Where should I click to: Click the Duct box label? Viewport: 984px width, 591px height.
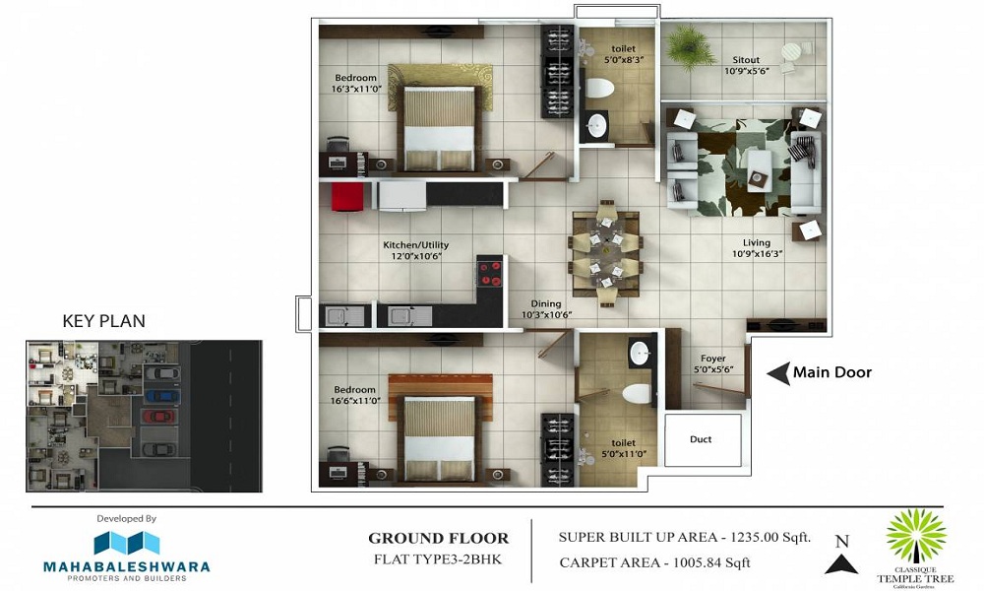[x=701, y=439]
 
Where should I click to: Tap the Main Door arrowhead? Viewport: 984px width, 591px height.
[x=777, y=372]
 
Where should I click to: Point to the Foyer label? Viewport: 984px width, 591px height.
[x=713, y=359]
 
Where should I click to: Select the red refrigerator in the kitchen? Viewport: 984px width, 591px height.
[x=346, y=196]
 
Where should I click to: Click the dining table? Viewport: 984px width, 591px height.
[x=605, y=255]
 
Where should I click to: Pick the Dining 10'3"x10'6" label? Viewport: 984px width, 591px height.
[x=546, y=309]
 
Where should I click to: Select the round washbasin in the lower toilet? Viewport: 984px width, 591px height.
[x=642, y=352]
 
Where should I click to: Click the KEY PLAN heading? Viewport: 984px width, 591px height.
[x=103, y=321]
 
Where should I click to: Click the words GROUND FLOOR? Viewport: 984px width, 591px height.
[x=439, y=539]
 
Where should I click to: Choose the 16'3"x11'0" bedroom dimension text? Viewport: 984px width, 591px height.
[x=355, y=90]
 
